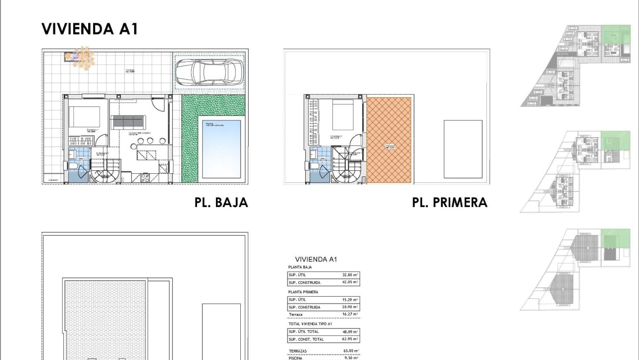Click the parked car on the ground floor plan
210,72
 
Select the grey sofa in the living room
128,122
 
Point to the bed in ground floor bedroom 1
84,117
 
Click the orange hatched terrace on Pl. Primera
389,140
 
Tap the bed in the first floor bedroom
342,115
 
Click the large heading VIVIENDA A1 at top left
89,29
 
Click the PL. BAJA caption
221,203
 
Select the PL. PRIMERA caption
449,203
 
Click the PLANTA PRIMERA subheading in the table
303,292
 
